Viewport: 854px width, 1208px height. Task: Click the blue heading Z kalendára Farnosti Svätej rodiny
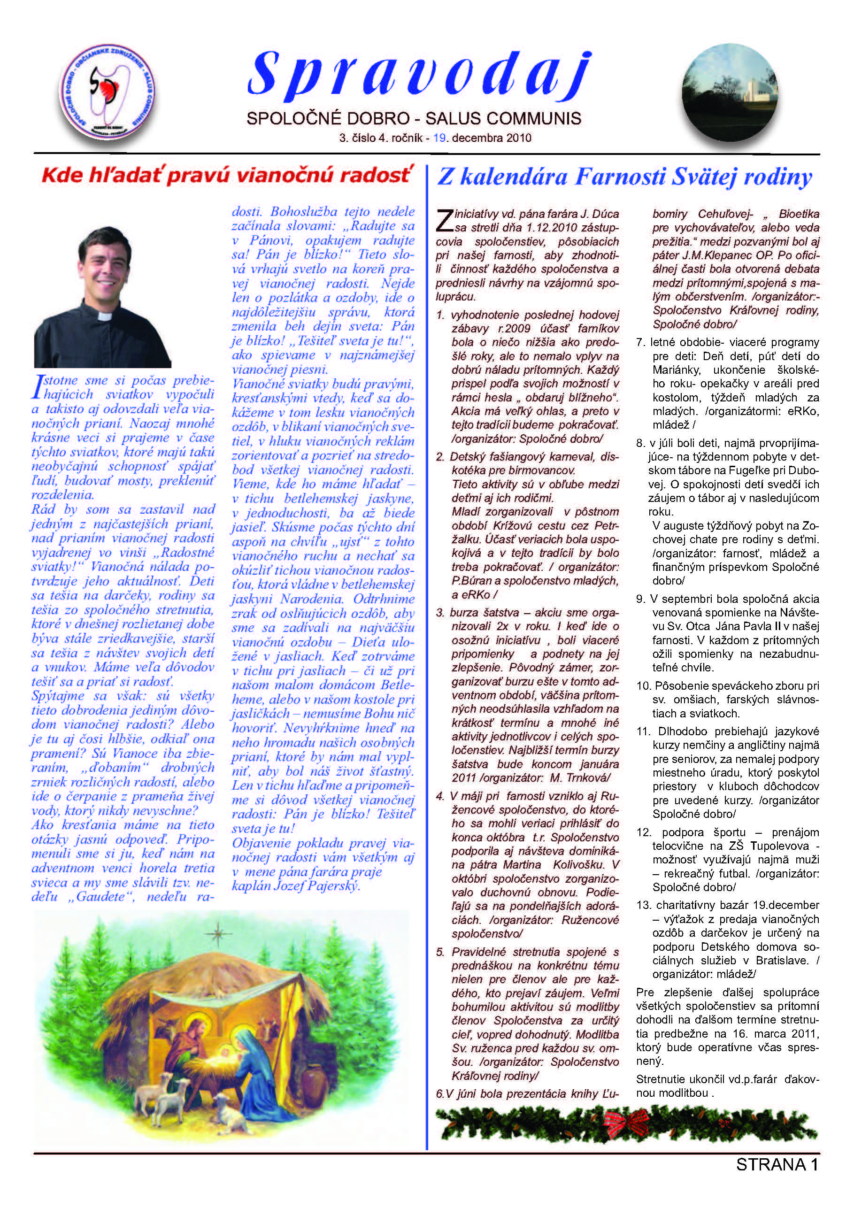click(624, 177)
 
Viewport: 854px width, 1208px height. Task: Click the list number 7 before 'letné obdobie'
click(640, 343)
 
